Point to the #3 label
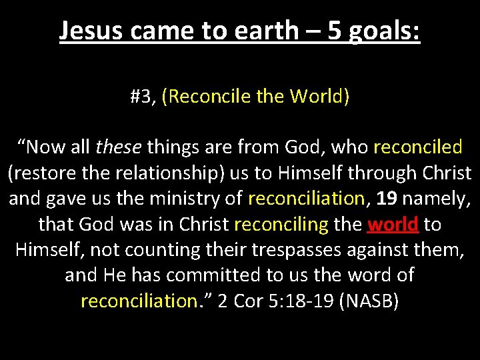point(142,97)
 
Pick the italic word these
point(119,146)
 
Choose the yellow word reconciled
point(418,146)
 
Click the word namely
point(439,198)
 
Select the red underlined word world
point(393,224)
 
